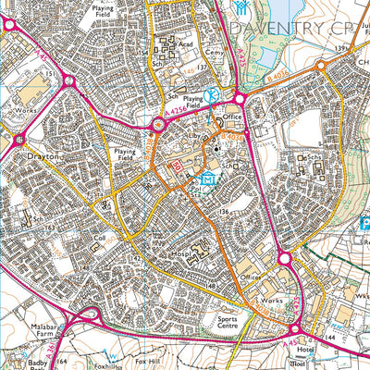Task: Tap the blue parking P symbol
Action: pos(363,222)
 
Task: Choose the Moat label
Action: pos(322,364)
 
